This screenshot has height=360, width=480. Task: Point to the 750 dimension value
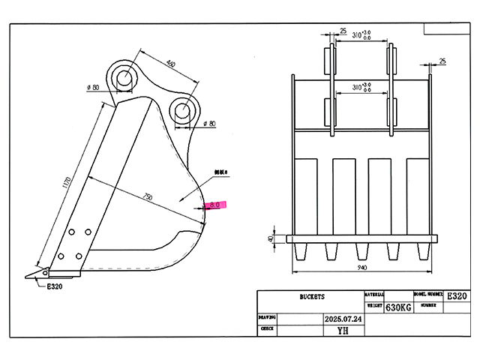[147, 197]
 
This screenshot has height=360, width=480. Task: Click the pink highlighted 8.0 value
[216, 204]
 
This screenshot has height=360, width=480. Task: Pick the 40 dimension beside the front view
[271, 239]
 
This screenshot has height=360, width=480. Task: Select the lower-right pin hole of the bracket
[182, 111]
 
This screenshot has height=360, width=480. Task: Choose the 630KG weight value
[399, 307]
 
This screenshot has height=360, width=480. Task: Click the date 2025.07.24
[342, 318]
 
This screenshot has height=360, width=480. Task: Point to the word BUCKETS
[310, 297]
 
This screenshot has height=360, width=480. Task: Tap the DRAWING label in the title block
[268, 317]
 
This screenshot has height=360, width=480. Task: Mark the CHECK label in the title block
[266, 328]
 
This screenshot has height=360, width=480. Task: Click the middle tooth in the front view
[360, 252]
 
